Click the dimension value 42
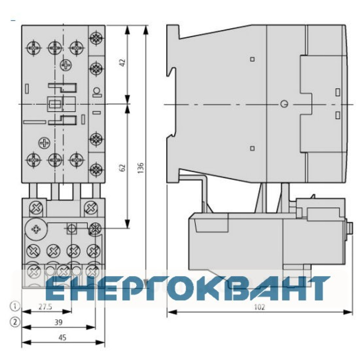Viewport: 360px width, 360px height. coord(123,62)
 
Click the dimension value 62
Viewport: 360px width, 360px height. coord(123,167)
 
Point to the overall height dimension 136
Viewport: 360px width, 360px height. coord(141,167)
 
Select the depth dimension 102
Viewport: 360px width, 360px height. coord(260,307)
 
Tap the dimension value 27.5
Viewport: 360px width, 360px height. coord(45,307)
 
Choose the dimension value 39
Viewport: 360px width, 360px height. coord(59,322)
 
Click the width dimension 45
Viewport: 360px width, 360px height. coord(62,337)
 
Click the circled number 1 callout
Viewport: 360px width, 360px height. coord(15,306)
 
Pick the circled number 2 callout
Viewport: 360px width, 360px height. coord(15,322)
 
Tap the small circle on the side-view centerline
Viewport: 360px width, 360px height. coord(284,104)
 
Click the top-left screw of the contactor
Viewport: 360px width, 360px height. coord(34,48)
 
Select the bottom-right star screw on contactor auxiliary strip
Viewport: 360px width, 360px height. coord(96,170)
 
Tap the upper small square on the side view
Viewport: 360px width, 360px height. coord(252,59)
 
